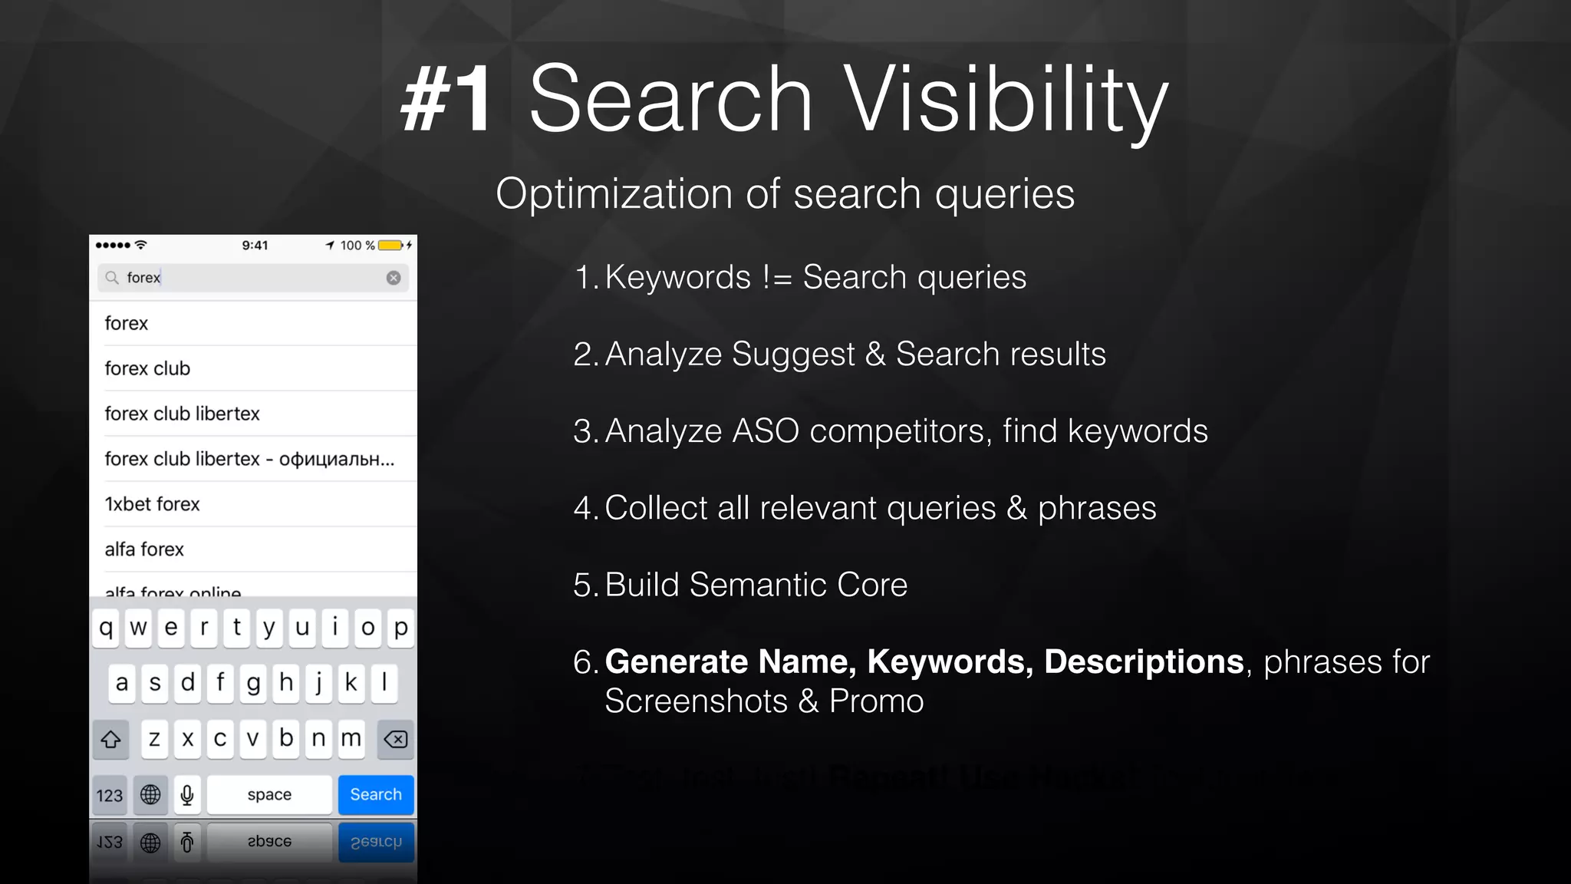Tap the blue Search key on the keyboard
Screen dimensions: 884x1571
point(376,794)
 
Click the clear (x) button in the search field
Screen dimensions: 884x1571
point(394,278)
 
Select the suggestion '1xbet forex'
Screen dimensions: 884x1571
point(152,504)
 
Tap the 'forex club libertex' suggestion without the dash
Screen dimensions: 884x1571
point(183,414)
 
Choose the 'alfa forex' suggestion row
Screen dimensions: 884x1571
point(144,549)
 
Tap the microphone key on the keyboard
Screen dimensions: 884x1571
point(187,794)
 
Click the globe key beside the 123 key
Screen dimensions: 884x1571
point(150,794)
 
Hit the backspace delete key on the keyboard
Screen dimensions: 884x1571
point(396,739)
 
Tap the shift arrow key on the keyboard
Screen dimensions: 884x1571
point(110,739)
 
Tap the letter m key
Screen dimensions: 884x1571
point(351,739)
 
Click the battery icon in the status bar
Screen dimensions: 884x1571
point(390,246)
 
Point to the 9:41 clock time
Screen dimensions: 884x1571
point(255,246)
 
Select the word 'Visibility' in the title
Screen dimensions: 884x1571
point(1006,101)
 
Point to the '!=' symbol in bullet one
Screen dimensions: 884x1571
point(777,278)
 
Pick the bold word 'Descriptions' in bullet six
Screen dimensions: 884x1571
point(1144,661)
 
